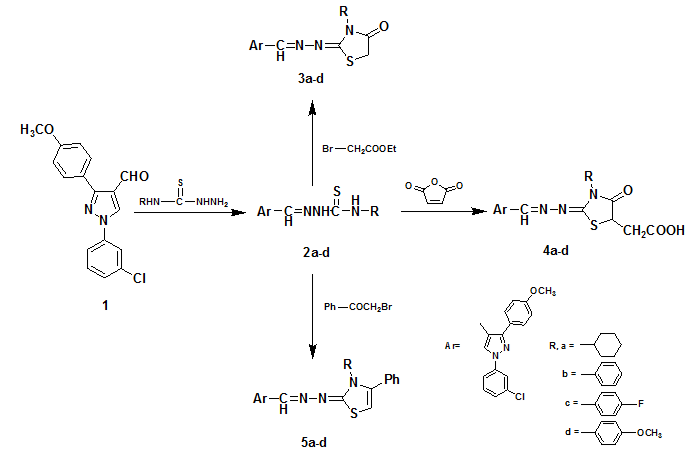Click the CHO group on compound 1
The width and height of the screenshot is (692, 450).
coord(134,176)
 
